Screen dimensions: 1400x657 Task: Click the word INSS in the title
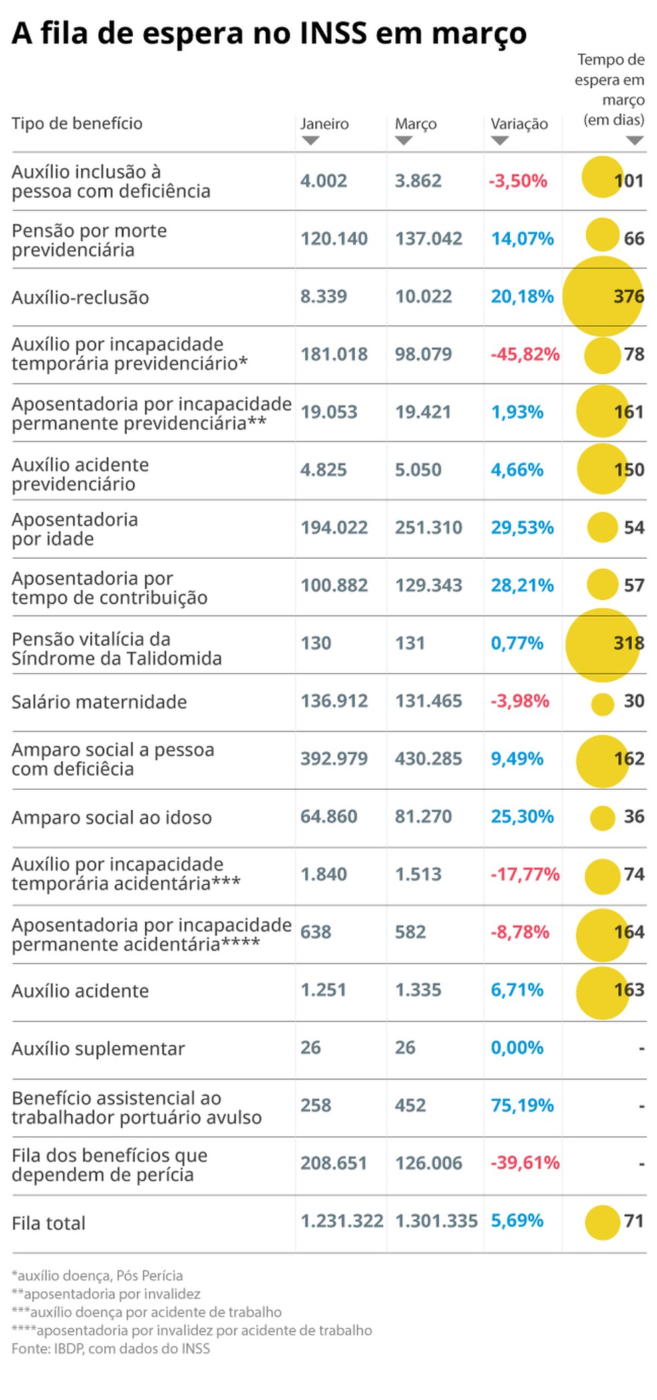coord(333,33)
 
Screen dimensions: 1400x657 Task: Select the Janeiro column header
coord(324,124)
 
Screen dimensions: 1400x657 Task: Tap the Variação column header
coord(519,124)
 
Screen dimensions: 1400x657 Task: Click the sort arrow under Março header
coord(403,141)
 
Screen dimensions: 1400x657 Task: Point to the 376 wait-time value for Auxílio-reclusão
coord(628,296)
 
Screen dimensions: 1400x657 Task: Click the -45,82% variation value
coord(525,354)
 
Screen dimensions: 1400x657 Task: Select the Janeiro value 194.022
coord(334,527)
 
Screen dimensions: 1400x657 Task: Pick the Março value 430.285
coord(428,758)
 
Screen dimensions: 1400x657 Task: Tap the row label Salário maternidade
coord(99,702)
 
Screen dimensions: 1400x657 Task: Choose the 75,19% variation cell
coord(522,1106)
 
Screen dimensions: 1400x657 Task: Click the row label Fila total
coord(48,1223)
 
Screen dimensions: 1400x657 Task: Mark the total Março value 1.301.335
coord(436,1221)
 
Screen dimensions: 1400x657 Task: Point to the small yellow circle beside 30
coord(602,704)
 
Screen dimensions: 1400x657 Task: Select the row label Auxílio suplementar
coord(97,1049)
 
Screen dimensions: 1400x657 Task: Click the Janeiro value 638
coord(315,932)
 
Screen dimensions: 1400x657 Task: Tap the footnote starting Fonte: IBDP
coord(110,1349)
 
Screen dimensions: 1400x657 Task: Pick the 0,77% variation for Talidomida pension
coord(517,643)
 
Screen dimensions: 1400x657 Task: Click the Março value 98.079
coord(423,354)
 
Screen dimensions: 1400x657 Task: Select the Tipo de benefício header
coord(77,123)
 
